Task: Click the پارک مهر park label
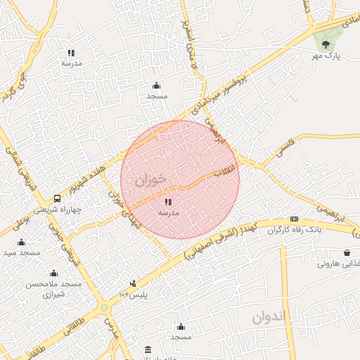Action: coord(326,56)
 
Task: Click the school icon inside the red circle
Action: coord(168,202)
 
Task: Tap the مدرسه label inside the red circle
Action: coord(169,212)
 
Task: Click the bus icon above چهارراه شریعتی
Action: coord(58,199)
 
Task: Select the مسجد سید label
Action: coord(21,252)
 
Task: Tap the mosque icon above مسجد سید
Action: coord(21,242)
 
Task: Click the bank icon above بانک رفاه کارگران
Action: coord(294,219)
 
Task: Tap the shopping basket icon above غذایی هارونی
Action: coord(347,253)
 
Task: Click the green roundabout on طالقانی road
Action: coord(104,307)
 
